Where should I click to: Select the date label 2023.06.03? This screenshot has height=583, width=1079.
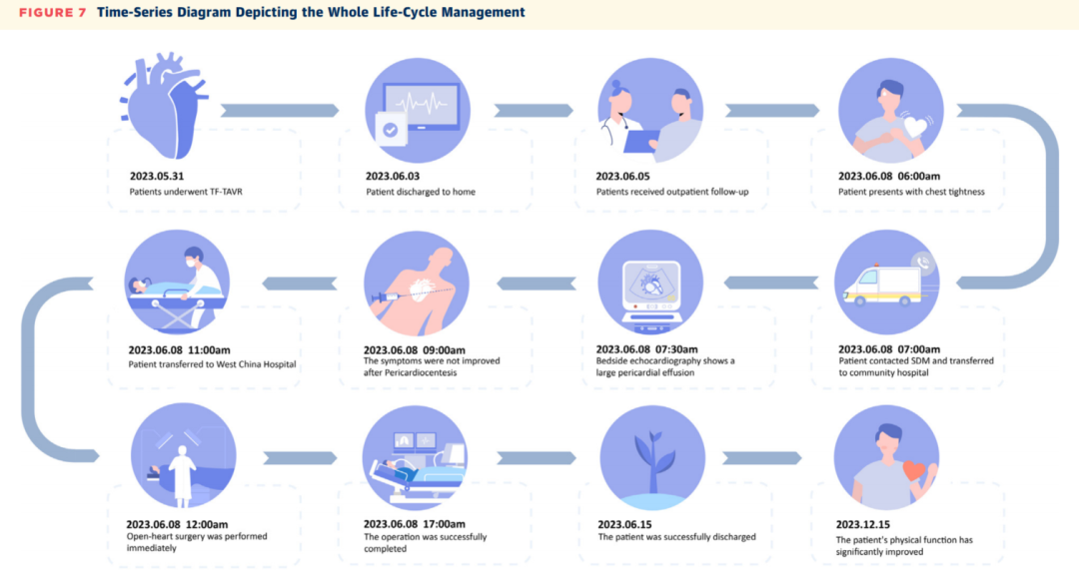pyautogui.click(x=393, y=176)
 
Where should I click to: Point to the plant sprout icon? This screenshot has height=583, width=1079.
pyautogui.click(x=652, y=459)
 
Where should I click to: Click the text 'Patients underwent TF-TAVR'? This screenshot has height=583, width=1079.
pyautogui.click(x=186, y=192)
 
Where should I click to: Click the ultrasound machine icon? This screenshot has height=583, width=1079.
pyautogui.click(x=651, y=295)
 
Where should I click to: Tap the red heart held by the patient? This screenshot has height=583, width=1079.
pyautogui.click(x=914, y=471)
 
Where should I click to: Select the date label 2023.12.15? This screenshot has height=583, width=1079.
pyautogui.click(x=863, y=524)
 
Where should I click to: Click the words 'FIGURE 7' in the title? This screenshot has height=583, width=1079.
pyautogui.click(x=52, y=12)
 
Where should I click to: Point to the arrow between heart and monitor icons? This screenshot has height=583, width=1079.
pyautogui.click(x=280, y=110)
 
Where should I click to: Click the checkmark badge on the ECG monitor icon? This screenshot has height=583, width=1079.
pyautogui.click(x=391, y=130)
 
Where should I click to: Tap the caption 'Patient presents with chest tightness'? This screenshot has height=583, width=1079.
pyautogui.click(x=911, y=192)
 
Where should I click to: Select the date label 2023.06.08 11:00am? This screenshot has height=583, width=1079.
pyautogui.click(x=179, y=350)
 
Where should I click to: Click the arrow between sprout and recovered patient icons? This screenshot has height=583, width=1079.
pyautogui.click(x=761, y=458)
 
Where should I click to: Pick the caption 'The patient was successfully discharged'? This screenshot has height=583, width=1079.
pyautogui.click(x=676, y=537)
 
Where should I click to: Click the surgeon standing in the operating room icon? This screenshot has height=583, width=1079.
pyautogui.click(x=183, y=474)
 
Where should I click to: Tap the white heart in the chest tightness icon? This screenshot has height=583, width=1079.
pyautogui.click(x=915, y=127)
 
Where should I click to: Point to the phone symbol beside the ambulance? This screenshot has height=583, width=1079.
pyautogui.click(x=923, y=262)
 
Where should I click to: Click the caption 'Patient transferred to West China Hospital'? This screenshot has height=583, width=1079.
pyautogui.click(x=212, y=364)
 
